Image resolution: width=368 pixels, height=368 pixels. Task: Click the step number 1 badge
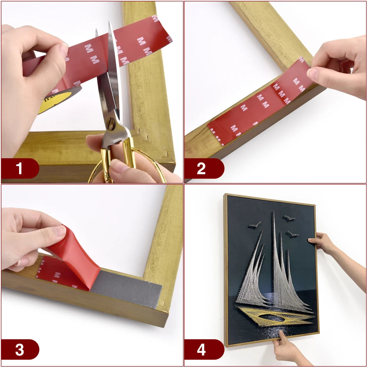(x=19, y=169)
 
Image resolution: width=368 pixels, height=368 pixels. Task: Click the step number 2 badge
(x=201, y=169)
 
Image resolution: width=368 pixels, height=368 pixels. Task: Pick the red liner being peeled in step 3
(x=75, y=254)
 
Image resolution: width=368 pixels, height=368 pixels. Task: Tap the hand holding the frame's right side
(x=320, y=242)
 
